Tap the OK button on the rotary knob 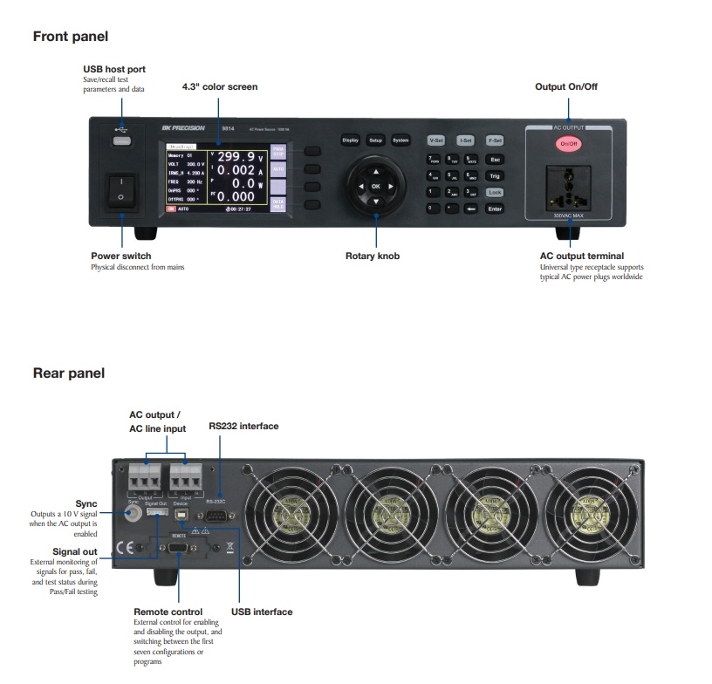376,187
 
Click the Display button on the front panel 350,140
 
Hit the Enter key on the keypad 495,209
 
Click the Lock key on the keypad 495,192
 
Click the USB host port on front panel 122,140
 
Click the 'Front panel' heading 70,37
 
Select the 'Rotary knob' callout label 373,256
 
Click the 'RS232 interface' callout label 243,426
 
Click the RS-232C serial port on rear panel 217,516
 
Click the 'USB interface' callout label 262,612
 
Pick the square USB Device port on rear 181,515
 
